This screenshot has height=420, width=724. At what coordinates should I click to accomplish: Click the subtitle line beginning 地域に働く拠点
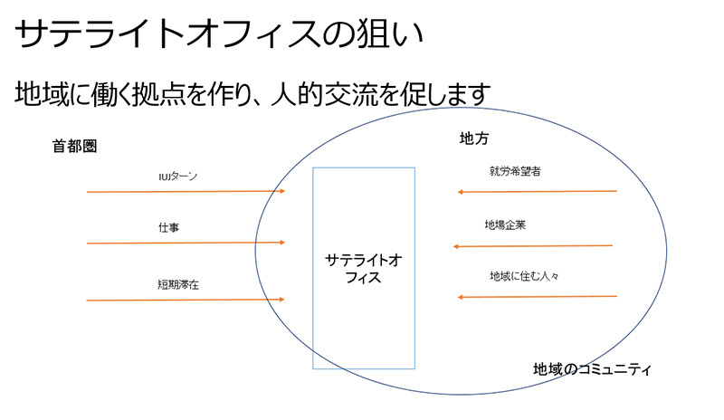point(253,93)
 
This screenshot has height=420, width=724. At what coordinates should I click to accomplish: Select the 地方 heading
point(473,138)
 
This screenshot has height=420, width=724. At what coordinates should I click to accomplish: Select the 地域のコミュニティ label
point(593,370)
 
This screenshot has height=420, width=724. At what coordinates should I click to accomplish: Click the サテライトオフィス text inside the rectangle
point(364,269)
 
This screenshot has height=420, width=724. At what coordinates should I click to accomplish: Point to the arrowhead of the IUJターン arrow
point(281,191)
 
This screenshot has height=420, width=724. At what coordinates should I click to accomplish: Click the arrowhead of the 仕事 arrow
point(281,243)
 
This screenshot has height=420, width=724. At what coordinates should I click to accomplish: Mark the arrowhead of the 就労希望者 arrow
point(462,192)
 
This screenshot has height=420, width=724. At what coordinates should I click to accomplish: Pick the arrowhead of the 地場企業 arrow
point(458,246)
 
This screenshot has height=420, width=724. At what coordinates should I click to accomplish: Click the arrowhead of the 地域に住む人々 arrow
point(462,297)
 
